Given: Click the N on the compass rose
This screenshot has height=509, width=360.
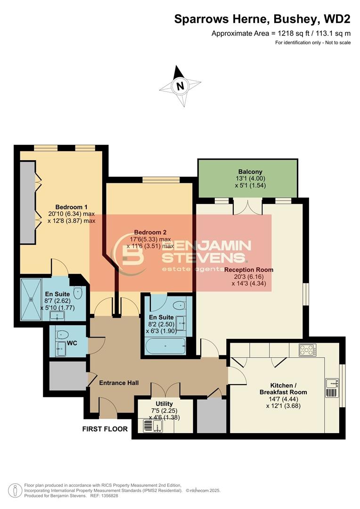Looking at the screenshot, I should pos(180,86).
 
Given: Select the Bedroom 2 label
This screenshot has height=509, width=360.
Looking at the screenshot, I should pos(150,232).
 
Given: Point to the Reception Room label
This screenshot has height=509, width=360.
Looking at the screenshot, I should pos(248,270).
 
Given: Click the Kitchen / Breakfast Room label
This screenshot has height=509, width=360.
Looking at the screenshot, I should pos(283,388).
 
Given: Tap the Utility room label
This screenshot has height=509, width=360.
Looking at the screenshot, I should pos(164,404).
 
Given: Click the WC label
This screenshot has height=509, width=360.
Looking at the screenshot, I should pos(72,343).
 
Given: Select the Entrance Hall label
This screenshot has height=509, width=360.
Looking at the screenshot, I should pos(119,383).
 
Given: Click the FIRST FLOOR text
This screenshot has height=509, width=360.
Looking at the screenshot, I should pos(105,429).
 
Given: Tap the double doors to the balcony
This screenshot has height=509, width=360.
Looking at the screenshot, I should pos(247,206).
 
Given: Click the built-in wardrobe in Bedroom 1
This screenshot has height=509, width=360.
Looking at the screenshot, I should pos(27,203).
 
